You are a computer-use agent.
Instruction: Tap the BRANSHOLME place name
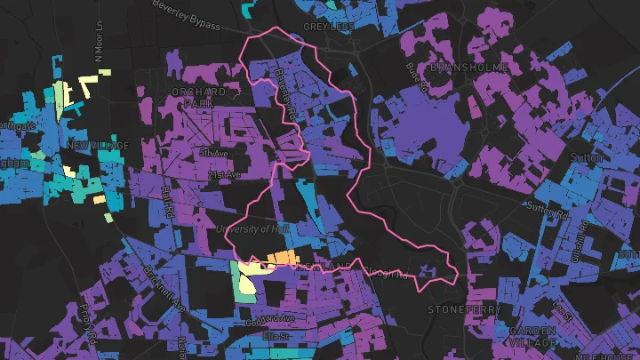pyautogui.click(x=468, y=68)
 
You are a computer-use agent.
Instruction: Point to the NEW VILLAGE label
pyautogui.click(x=98, y=146)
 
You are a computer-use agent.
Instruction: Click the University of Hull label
pyautogui.click(x=253, y=230)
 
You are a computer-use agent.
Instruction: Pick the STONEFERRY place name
pyautogui.click(x=463, y=309)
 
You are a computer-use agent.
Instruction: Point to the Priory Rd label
pyautogui.click(x=86, y=324)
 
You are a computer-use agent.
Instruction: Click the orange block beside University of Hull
pyautogui.click(x=279, y=258)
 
